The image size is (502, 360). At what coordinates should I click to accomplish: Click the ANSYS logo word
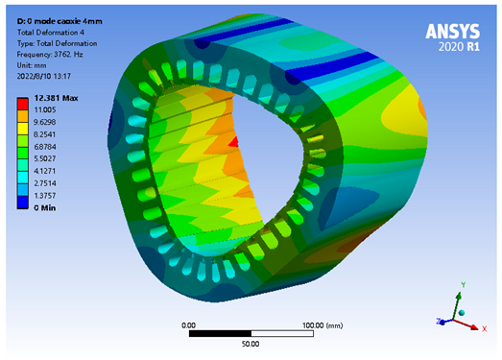(x=453, y=32)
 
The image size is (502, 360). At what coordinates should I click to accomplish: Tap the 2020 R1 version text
(x=459, y=47)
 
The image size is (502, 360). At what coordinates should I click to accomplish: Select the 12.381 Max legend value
(x=56, y=98)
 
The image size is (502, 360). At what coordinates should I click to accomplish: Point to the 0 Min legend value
(x=45, y=208)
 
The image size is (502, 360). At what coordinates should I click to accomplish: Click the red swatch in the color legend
(x=23, y=104)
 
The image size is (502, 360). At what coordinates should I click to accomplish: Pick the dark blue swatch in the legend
(x=23, y=203)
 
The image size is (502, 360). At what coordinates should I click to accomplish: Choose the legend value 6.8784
(x=45, y=147)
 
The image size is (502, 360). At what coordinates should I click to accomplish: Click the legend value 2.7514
(x=45, y=183)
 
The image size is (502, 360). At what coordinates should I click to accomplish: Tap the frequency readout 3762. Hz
(x=68, y=55)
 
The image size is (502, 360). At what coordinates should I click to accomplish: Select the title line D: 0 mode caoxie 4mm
(x=60, y=21)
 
